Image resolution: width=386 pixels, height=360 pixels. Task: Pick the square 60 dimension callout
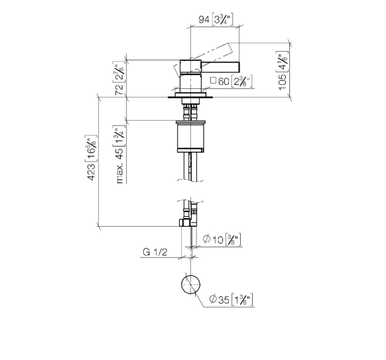pyautogui.click(x=231, y=81)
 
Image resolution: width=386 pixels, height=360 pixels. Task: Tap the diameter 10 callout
pyautogui.click(x=222, y=239)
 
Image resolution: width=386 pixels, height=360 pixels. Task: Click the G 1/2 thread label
pyautogui.click(x=155, y=252)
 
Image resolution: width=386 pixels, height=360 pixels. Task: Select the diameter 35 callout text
pyautogui.click(x=231, y=300)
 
